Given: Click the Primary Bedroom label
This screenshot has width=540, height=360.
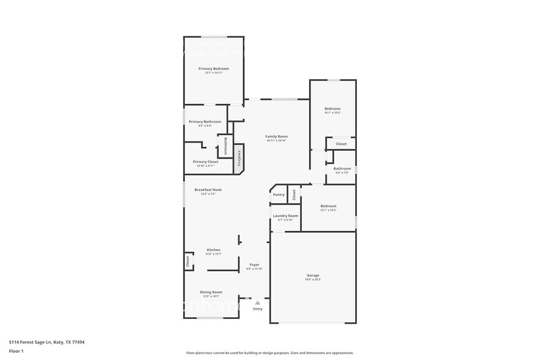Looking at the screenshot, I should tap(214, 69).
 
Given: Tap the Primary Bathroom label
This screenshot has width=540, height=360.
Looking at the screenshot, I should tap(205, 122).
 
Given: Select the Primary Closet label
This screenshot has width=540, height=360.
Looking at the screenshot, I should tap(205, 162).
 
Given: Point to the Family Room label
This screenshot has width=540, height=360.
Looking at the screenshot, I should tap(276, 137).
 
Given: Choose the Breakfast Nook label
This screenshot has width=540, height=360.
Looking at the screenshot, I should tap(208, 190).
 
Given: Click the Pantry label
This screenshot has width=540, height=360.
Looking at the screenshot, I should tap(279, 195).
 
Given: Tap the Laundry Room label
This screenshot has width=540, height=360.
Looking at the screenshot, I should tap(285, 216).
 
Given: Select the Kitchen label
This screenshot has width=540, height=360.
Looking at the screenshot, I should tap(213, 250).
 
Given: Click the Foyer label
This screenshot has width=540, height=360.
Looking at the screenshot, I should tap(253, 264).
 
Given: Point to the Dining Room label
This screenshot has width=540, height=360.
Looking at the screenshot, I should tap(212, 292).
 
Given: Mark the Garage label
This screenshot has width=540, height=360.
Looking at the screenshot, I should tap(313, 276).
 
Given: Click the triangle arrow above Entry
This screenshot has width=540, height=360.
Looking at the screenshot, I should tap(258, 302).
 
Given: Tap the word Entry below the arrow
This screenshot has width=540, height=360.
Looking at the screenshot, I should tap(258, 309).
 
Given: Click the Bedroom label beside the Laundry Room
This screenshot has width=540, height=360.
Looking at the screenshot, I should tap(328, 206).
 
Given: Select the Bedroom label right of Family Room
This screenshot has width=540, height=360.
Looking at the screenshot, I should tap(332, 109).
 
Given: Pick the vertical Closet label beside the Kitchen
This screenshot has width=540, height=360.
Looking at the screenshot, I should tap(188, 261).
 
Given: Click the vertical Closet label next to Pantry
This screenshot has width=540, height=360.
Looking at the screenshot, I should tap(294, 194).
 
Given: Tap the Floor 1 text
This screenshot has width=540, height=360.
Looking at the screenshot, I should tap(16, 351).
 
